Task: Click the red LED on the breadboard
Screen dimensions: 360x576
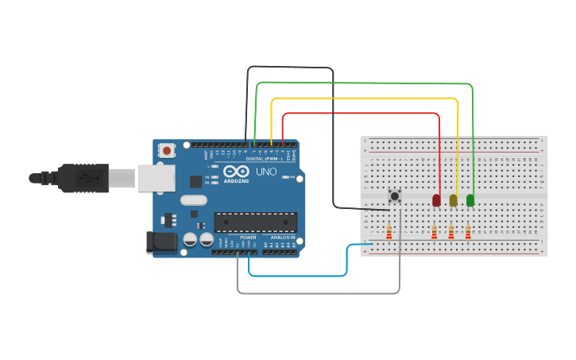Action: point(436,200)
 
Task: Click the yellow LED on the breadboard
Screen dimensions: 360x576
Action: point(454,200)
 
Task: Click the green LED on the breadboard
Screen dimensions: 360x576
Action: point(470,200)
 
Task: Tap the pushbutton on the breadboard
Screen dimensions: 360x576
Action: point(393,195)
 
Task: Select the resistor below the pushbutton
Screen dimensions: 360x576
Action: point(389,232)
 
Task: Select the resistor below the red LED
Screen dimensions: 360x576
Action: point(434,232)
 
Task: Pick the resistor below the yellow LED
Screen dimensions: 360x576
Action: point(451,232)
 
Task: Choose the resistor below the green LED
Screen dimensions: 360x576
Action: point(468,232)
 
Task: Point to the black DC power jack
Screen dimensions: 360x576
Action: point(161,242)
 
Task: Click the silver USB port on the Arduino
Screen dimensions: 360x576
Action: point(156,178)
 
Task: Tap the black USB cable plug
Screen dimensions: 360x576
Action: point(83,178)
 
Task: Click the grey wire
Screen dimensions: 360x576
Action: point(318,293)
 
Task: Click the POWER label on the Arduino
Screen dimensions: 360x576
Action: point(248,238)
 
